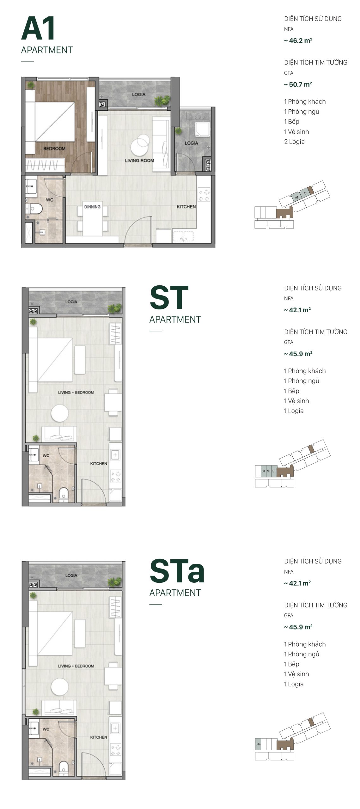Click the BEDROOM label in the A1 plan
(54, 149)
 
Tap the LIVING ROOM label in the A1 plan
(139, 161)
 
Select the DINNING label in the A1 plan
(92, 207)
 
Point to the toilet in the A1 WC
(35, 209)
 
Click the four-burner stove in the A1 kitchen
(204, 195)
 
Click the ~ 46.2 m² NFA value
(298, 41)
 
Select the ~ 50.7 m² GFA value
(298, 84)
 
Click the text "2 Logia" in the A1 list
(294, 142)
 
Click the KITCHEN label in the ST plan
(99, 464)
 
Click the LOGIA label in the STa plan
(71, 575)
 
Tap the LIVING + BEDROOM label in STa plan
(76, 666)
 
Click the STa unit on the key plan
(258, 744)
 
